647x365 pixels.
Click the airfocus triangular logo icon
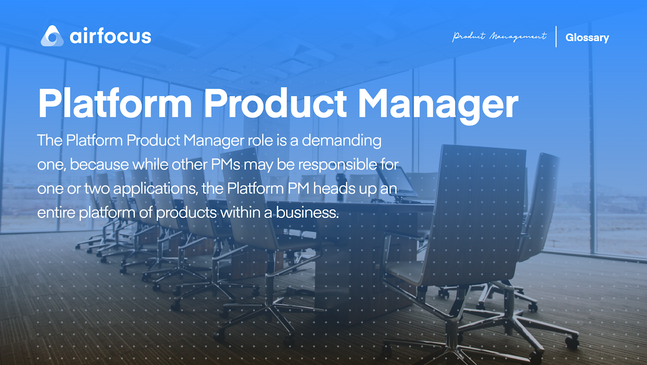click(x=52, y=36)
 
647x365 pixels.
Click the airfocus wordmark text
click(x=110, y=36)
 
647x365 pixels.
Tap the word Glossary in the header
click(x=587, y=38)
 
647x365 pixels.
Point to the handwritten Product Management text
click(x=499, y=36)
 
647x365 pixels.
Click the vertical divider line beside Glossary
click(x=556, y=36)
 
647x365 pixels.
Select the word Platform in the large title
click(x=115, y=104)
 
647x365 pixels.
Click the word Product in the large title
click(x=275, y=104)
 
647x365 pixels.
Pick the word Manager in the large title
click(x=438, y=104)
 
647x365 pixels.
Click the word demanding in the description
click(x=341, y=141)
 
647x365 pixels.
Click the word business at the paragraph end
click(x=307, y=212)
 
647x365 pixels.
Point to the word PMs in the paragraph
click(x=226, y=165)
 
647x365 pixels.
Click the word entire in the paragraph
click(x=56, y=212)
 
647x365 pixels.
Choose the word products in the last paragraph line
click(x=186, y=213)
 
